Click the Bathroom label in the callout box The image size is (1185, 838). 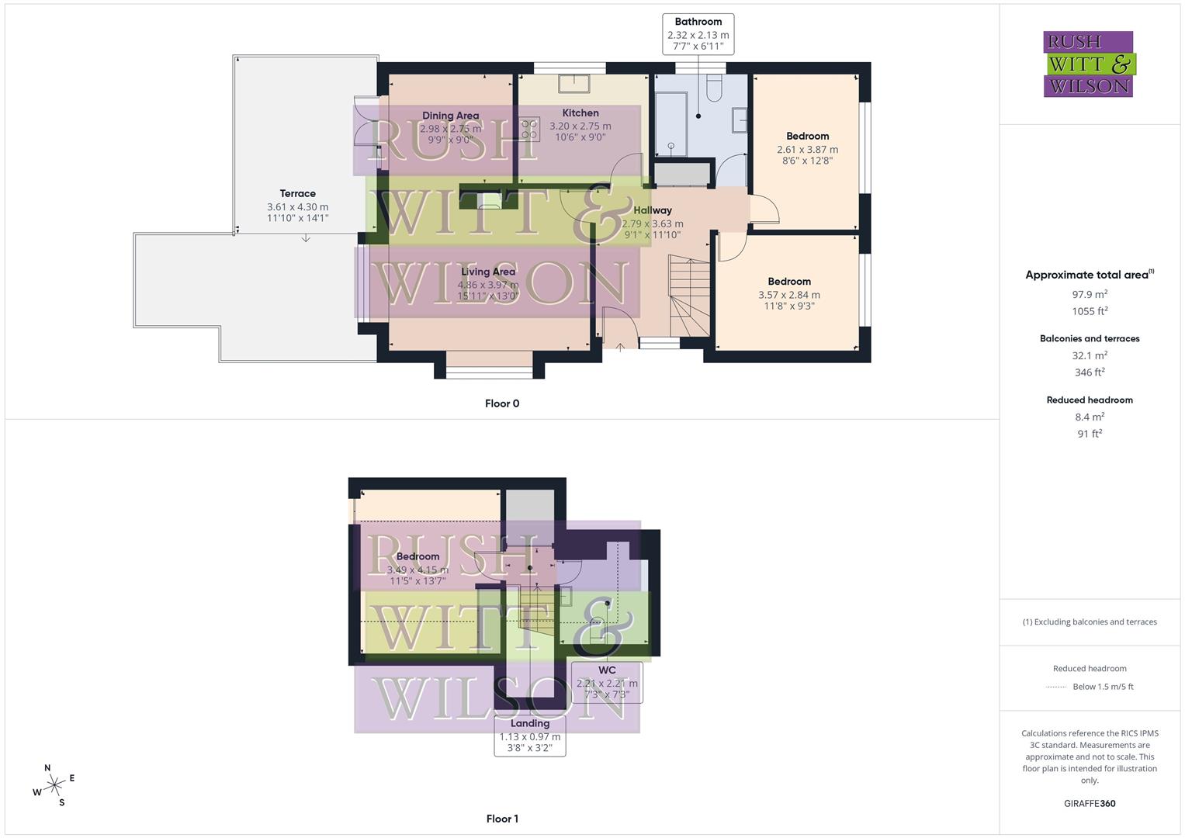pos(698,22)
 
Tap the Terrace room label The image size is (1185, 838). pos(298,194)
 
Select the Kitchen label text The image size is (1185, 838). pos(580,113)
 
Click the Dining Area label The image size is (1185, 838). pos(450,116)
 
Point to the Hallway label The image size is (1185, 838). pos(653,210)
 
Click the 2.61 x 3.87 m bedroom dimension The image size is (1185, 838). pos(807,150)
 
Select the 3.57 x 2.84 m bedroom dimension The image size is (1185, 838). pos(789,295)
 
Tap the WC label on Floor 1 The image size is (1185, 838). pos(607,670)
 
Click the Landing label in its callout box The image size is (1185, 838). pos(530,723)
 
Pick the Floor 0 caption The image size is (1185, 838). pos(502,403)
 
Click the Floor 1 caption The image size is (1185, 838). pos(502,819)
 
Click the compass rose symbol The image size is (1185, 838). pos(54,786)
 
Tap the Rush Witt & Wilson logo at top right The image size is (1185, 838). pos(1089,64)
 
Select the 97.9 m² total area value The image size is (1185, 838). pos(1090,295)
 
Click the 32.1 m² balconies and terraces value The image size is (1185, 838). pos(1090,355)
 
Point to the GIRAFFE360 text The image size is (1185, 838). pos(1090,803)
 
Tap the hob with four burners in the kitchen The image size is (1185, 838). pos(530,129)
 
